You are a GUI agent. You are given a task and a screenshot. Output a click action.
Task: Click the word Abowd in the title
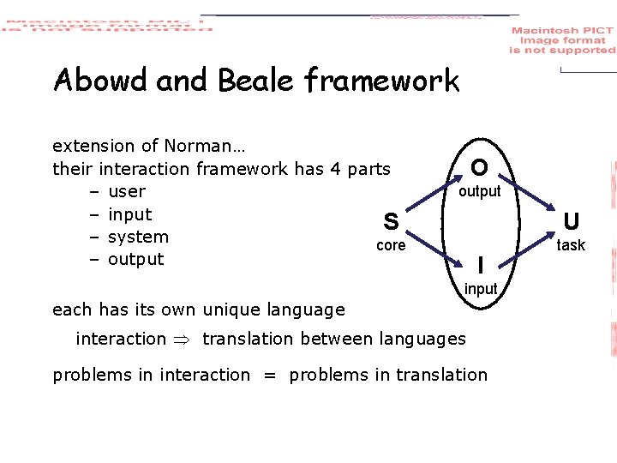click(x=101, y=81)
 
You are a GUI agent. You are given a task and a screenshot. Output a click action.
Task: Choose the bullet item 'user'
click(x=127, y=191)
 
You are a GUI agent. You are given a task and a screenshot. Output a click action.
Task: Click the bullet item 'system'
click(x=138, y=237)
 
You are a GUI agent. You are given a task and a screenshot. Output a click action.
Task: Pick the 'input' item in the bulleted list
click(x=129, y=214)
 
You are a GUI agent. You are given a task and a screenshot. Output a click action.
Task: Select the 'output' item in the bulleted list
click(x=135, y=259)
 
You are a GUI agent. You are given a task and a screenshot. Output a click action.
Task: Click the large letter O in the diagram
click(x=480, y=166)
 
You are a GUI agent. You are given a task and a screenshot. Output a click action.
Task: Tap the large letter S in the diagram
click(x=391, y=222)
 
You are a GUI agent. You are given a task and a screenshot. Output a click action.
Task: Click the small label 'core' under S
click(x=391, y=246)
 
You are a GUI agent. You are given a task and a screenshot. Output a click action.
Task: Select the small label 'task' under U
click(x=571, y=245)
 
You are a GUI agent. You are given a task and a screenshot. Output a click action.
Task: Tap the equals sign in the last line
click(x=270, y=376)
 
